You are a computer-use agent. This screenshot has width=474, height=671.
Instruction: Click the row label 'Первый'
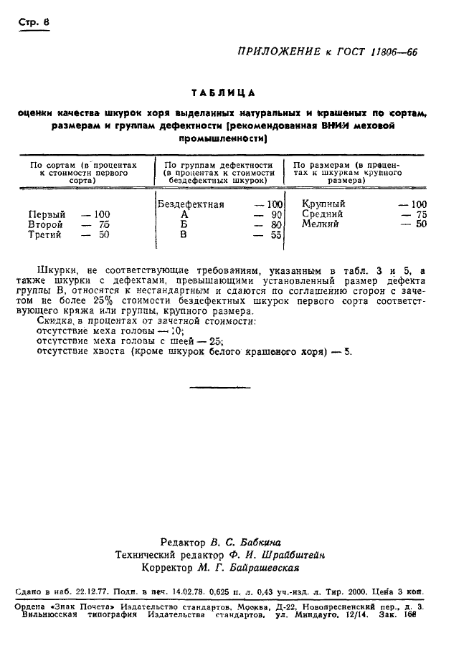(x=47, y=214)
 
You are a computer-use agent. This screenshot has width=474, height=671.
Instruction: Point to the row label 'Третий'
(x=45, y=234)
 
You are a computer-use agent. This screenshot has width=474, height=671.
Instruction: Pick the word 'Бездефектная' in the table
(x=190, y=204)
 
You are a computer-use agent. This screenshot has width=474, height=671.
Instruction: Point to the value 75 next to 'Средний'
(x=421, y=214)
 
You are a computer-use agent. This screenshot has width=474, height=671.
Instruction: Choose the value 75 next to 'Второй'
(x=103, y=224)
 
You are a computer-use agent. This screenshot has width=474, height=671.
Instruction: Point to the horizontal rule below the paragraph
(x=210, y=386)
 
